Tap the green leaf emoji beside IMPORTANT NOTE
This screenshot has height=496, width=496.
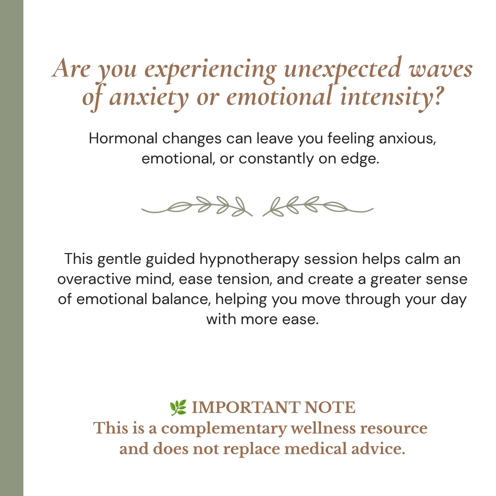[x=178, y=408]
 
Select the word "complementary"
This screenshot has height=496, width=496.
[x=224, y=429]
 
